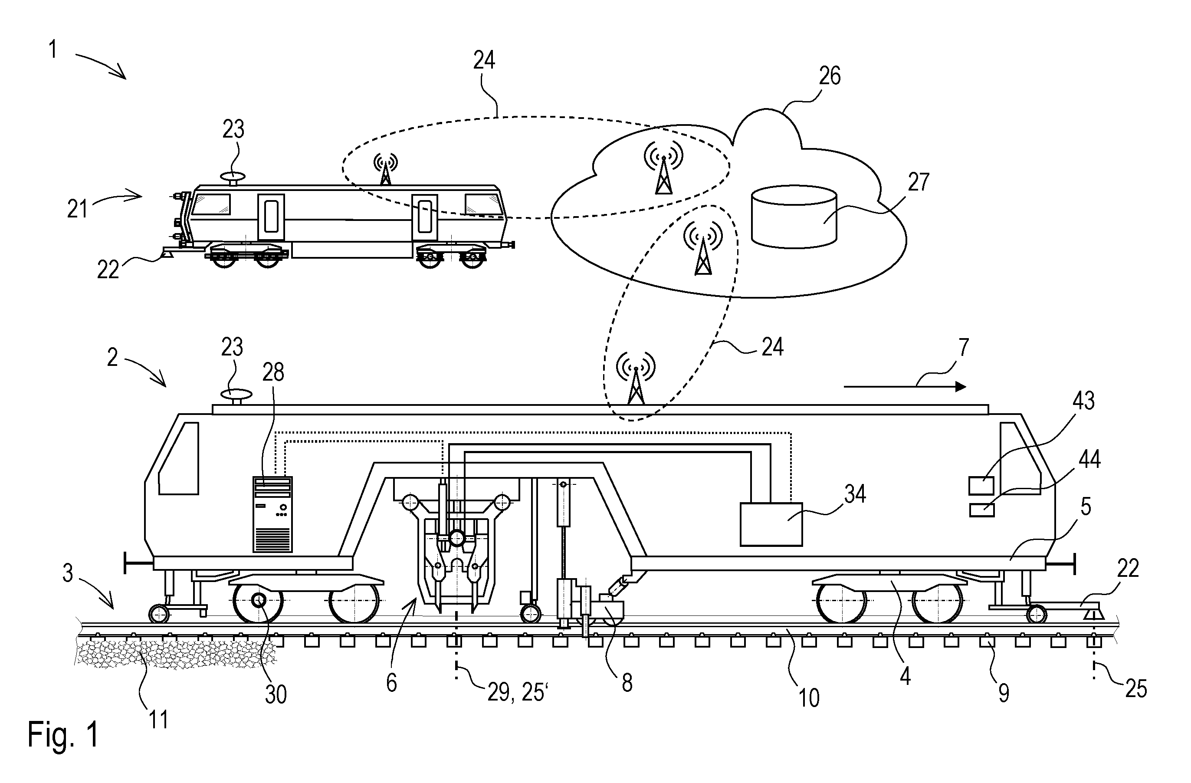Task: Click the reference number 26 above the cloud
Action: click(x=830, y=76)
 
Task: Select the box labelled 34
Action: click(x=771, y=524)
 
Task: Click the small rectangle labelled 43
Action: click(x=981, y=486)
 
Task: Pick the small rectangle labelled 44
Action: click(x=981, y=510)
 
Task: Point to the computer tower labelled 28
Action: click(x=272, y=515)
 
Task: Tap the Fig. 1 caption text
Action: click(x=63, y=734)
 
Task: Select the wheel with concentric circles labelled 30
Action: click(x=259, y=600)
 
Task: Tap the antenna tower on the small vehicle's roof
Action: click(x=385, y=169)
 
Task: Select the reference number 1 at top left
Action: click(x=52, y=50)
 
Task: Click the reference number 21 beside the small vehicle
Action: click(x=78, y=209)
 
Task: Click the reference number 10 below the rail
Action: click(x=809, y=697)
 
